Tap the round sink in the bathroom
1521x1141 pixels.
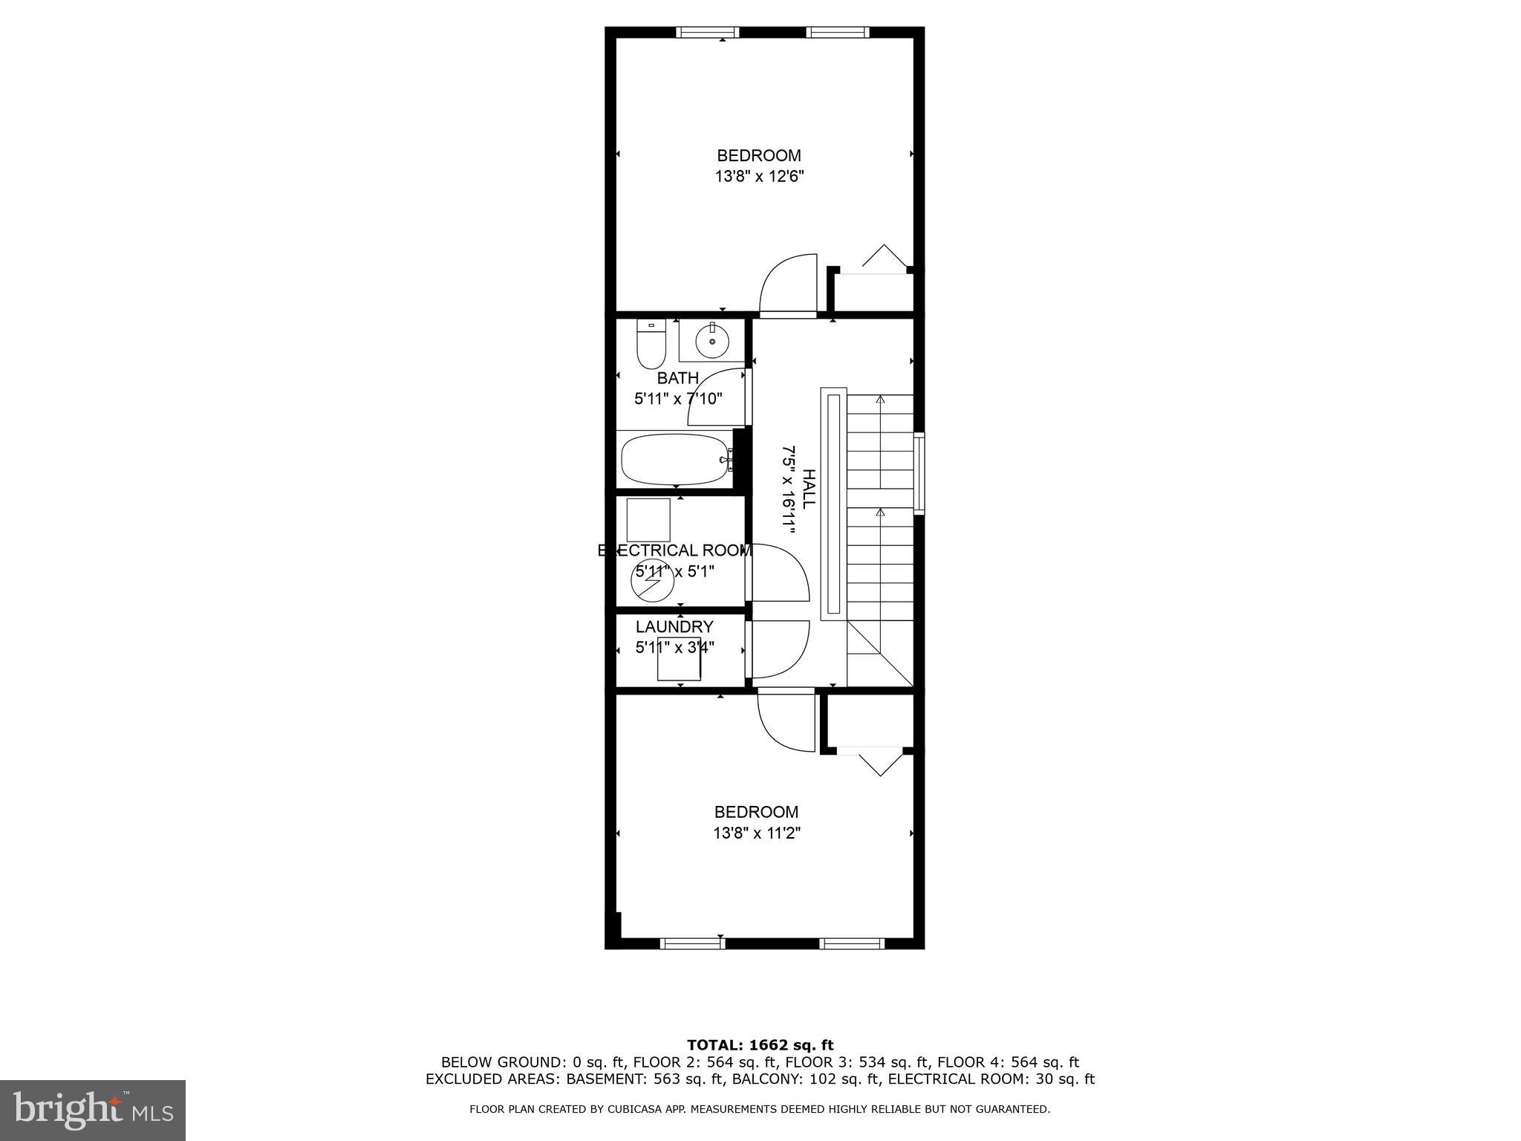point(712,341)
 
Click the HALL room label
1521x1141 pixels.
point(809,489)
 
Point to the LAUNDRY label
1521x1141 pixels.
point(674,626)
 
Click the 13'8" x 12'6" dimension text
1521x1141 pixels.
point(760,177)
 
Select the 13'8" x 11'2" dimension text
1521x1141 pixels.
point(757,833)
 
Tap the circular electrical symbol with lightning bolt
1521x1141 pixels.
point(652,582)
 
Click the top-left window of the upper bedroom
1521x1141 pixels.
point(708,32)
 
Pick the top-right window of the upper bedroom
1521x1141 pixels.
point(838,32)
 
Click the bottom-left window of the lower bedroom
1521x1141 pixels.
point(692,943)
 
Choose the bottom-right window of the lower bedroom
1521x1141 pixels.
point(853,943)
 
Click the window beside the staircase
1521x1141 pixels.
point(919,473)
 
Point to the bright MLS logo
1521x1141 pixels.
point(93,1110)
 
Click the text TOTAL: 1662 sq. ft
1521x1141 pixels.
point(760,1046)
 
